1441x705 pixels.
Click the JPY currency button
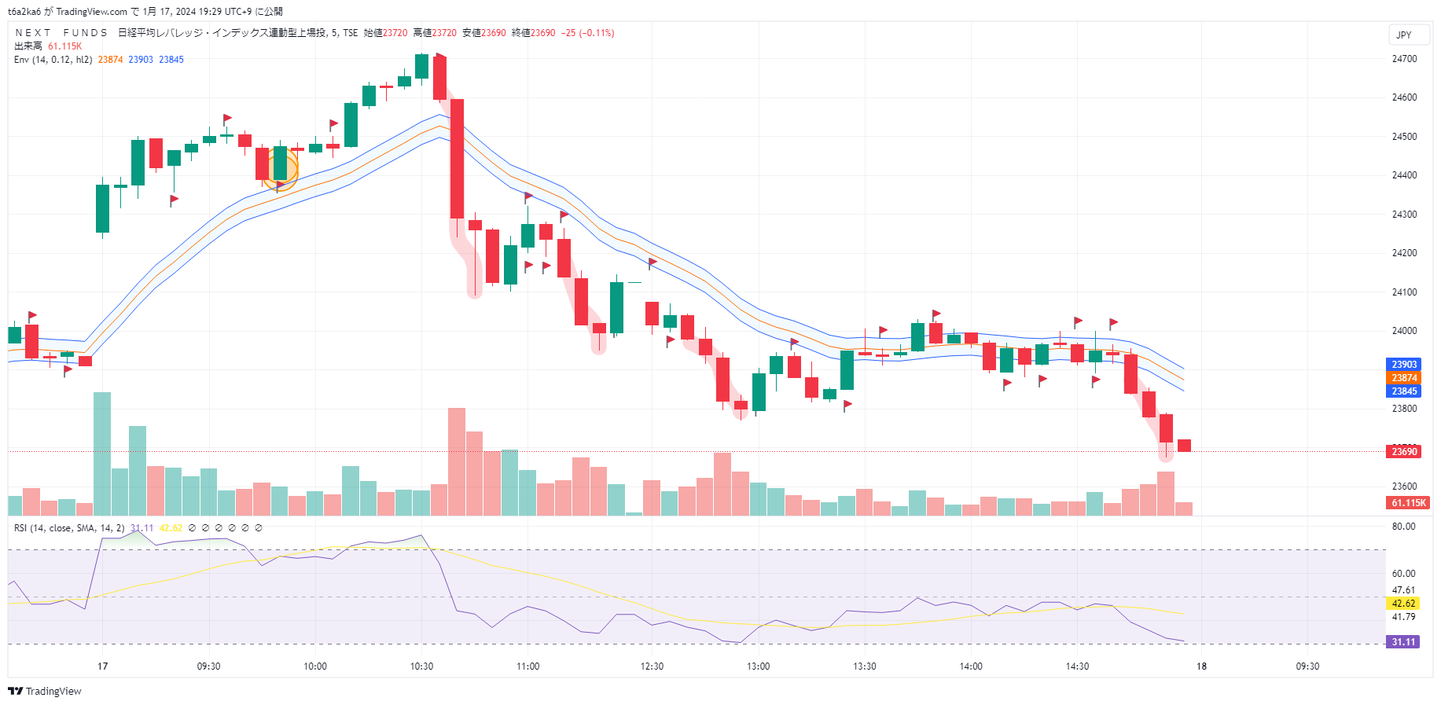point(1403,35)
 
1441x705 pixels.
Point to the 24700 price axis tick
point(1404,59)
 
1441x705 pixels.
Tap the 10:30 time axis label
point(421,666)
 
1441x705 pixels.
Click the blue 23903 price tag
point(1403,365)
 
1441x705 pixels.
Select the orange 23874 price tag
point(1403,378)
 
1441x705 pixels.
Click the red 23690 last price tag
point(1403,452)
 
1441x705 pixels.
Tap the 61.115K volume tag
point(1408,503)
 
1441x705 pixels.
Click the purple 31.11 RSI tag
point(1403,642)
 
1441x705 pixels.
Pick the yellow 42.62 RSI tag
point(1403,604)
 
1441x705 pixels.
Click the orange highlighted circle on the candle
point(281,169)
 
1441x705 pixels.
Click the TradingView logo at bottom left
point(45,692)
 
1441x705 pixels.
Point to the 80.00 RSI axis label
point(1403,527)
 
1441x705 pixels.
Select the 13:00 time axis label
point(758,666)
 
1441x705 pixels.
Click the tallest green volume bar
point(102,453)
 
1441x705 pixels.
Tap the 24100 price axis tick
point(1404,292)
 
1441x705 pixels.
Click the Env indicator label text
point(53,60)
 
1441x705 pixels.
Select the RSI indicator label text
point(68,528)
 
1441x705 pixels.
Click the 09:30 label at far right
point(1307,666)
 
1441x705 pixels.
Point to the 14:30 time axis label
point(1077,666)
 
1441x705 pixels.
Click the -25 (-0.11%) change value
point(587,33)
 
